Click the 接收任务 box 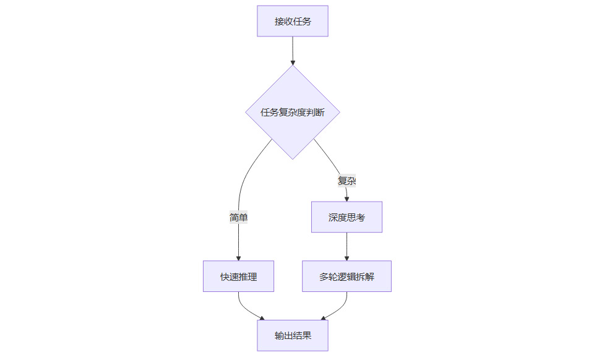[x=293, y=22]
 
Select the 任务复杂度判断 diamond [x=293, y=113]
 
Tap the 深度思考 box [x=346, y=217]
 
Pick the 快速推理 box [x=238, y=276]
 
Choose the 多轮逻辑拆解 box [x=346, y=276]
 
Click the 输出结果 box [x=293, y=336]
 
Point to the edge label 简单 [x=238, y=217]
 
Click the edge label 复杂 [x=346, y=181]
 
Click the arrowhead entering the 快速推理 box [x=238, y=258]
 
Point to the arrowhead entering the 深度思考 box [x=346, y=199]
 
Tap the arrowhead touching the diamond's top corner [x=293, y=62]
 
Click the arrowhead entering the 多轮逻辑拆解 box [x=346, y=258]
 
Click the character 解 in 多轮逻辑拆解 [x=369, y=276]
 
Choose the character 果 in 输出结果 [x=306, y=336]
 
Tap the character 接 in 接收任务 [x=280, y=22]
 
